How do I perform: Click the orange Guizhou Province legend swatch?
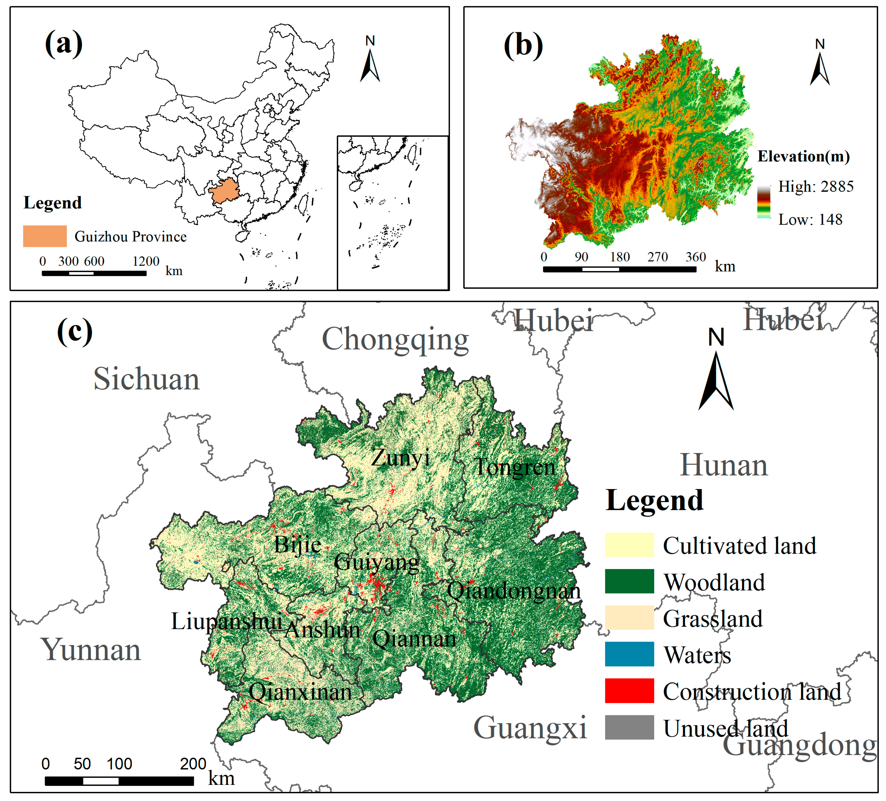[x=45, y=236]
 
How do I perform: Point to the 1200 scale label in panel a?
[x=146, y=261]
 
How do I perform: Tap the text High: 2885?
[x=816, y=186]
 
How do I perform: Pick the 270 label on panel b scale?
[x=657, y=257]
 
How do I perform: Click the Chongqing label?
[x=395, y=340]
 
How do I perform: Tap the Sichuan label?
[x=146, y=379]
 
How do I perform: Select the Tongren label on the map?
[x=515, y=467]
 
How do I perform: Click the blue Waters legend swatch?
[x=629, y=654]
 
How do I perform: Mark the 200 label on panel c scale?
[x=193, y=764]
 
